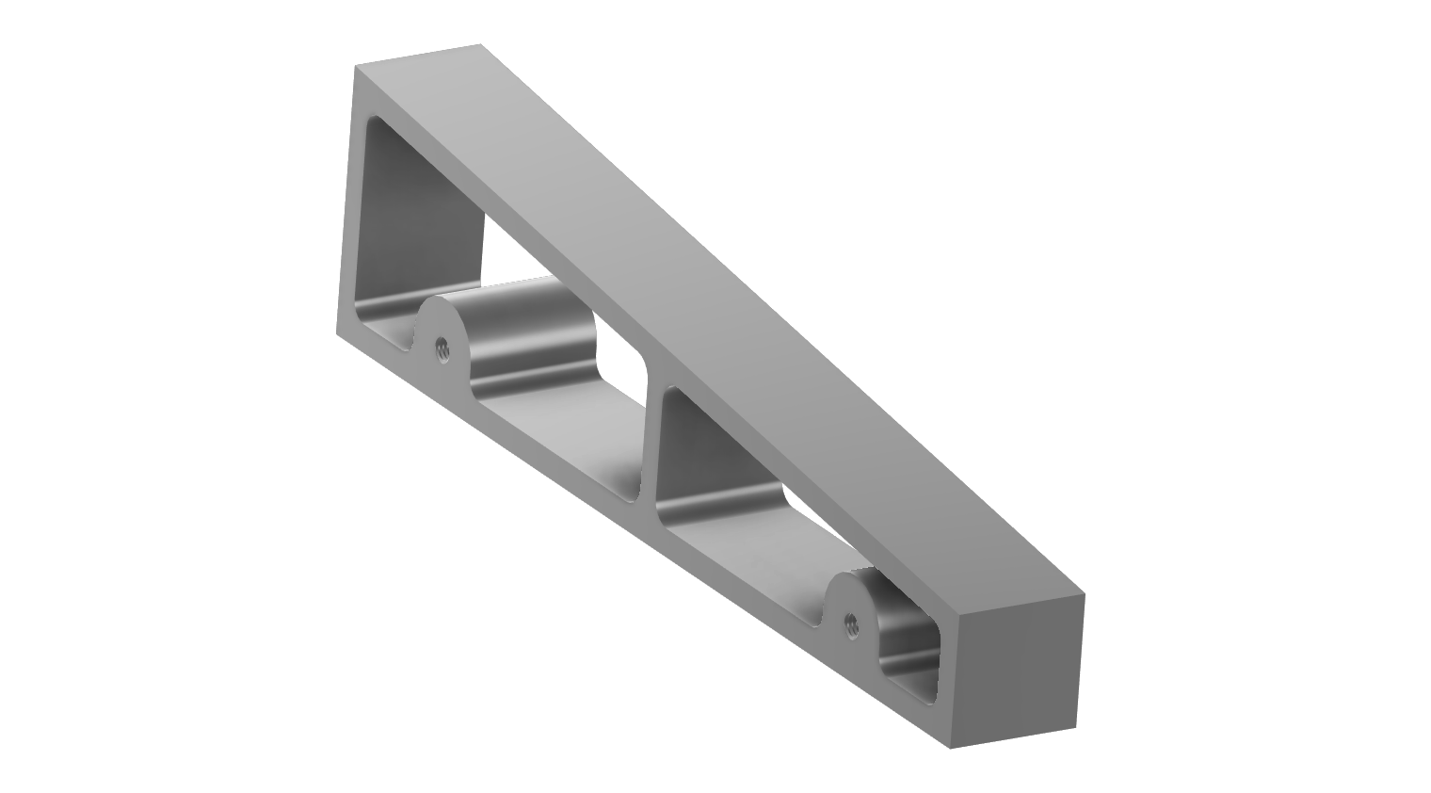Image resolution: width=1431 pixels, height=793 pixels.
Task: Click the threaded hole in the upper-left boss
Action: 441,349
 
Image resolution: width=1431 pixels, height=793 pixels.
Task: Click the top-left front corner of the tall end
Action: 356,67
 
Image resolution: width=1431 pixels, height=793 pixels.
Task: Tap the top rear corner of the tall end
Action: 480,44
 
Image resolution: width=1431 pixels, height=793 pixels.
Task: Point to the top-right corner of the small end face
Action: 1085,594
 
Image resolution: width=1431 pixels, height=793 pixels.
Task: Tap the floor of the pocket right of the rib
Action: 744,556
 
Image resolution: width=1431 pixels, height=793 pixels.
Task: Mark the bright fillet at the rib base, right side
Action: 715,504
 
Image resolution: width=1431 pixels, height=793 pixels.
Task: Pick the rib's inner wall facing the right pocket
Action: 697,443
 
